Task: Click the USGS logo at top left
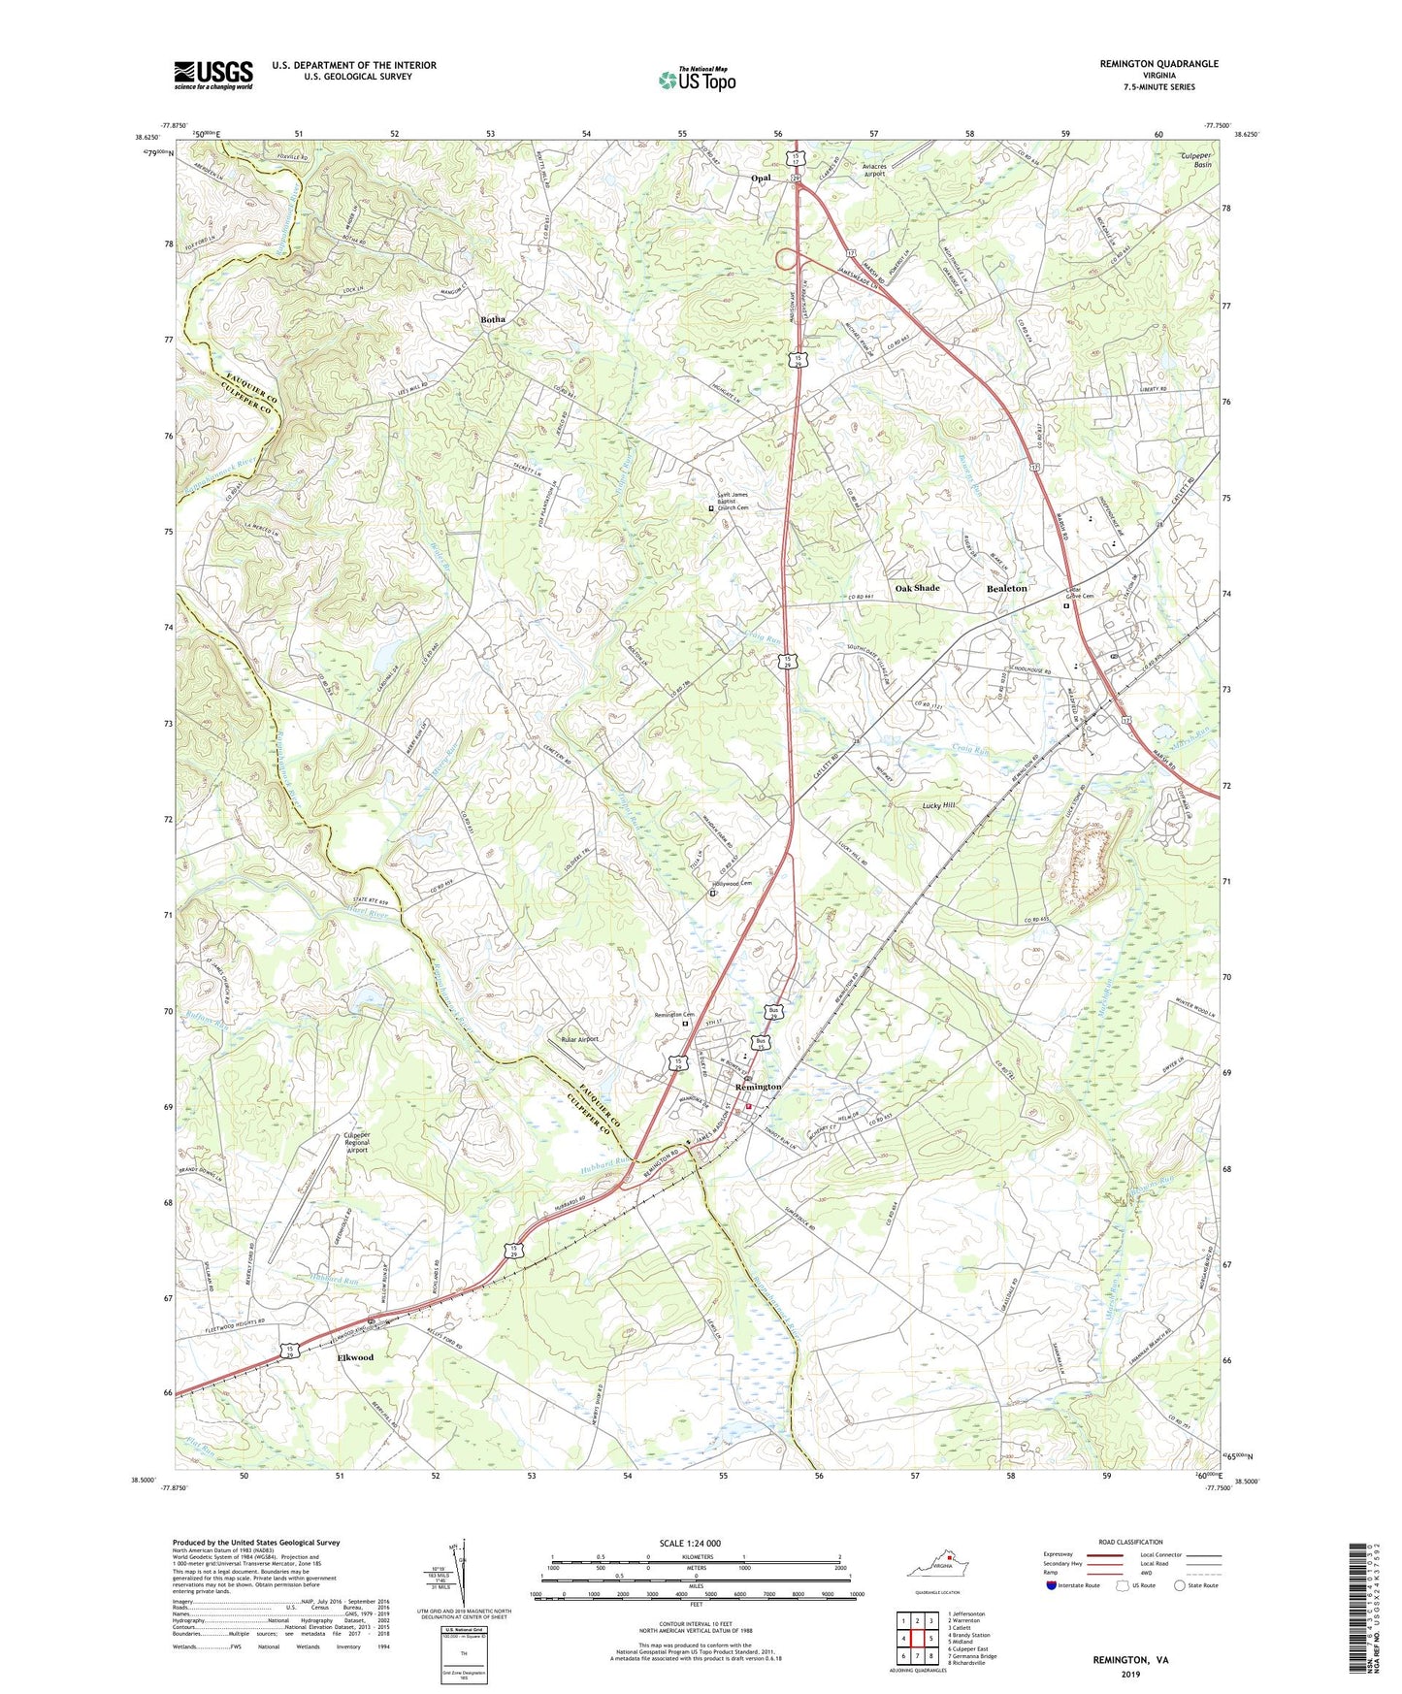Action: tap(213, 75)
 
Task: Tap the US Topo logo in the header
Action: tap(696, 80)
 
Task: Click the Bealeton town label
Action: tap(1006, 589)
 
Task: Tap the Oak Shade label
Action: tap(917, 589)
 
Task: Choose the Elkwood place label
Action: tap(354, 1357)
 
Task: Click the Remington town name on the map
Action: tap(758, 1087)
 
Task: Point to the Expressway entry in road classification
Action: tap(1064, 1554)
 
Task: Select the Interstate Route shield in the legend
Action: tap(1052, 1585)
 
